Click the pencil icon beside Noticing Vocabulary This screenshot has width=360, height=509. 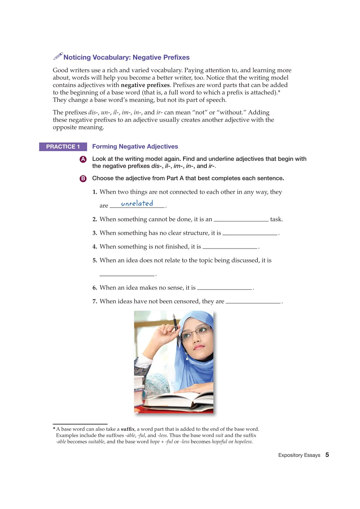[x=58, y=56]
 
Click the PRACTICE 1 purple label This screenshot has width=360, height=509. [x=63, y=147]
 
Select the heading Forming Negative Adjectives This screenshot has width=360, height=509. [x=135, y=147]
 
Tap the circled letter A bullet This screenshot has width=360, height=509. [x=83, y=159]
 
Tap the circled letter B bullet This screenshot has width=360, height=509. [x=83, y=179]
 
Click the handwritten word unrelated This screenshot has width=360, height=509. [x=137, y=203]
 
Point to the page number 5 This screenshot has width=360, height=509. [x=327, y=455]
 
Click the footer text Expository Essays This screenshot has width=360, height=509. [x=299, y=455]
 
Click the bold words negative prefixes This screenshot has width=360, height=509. [x=145, y=85]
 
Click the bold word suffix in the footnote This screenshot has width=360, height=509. [x=127, y=429]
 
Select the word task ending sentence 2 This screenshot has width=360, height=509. [x=276, y=219]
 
